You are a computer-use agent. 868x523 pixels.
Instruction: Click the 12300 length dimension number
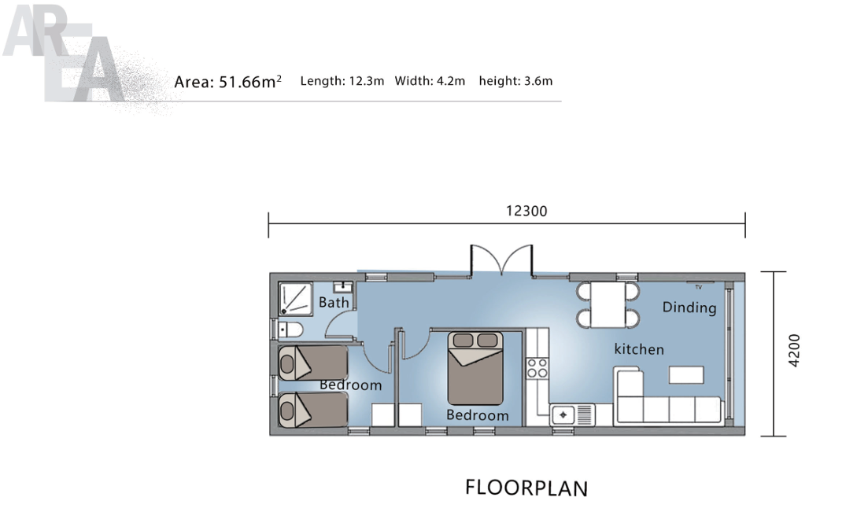[526, 211]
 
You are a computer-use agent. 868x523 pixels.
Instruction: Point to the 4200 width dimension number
[794, 350]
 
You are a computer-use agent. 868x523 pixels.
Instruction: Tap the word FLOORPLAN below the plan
[526, 488]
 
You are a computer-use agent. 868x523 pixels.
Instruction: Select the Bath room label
[334, 302]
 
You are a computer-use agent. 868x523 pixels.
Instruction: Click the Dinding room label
[689, 308]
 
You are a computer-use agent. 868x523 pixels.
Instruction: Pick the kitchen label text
[639, 349]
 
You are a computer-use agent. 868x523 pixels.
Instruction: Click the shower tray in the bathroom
[296, 300]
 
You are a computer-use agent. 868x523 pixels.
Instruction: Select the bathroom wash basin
[343, 287]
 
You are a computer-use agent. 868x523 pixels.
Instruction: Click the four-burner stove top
[537, 368]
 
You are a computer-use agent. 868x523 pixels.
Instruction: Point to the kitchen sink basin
[563, 414]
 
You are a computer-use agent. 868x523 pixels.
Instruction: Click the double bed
[475, 368]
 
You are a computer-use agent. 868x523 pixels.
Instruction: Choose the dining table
[608, 304]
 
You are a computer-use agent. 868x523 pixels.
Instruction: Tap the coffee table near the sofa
[686, 374]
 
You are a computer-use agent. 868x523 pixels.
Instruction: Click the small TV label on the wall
[699, 287]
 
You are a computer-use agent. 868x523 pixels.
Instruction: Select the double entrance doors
[501, 260]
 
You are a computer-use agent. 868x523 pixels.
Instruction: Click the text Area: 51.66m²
[228, 81]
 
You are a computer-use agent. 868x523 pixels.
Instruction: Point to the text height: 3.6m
[516, 81]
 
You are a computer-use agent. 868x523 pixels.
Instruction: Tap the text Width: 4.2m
[430, 81]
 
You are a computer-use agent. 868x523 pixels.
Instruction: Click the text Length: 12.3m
[342, 81]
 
